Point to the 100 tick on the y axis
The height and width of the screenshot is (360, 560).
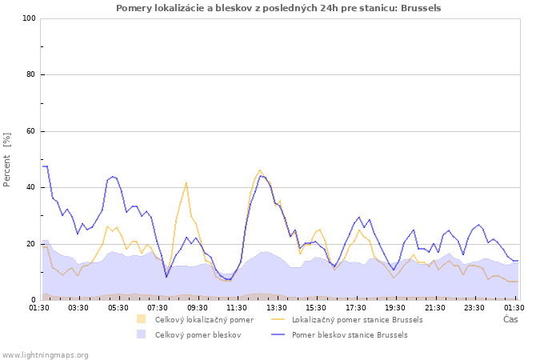[29, 18]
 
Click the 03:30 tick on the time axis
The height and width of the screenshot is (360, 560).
[78, 307]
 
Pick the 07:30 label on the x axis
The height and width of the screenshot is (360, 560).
[158, 307]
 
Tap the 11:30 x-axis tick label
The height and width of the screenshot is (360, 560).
[237, 307]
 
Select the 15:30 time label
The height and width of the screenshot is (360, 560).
[316, 307]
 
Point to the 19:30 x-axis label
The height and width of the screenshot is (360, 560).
[395, 307]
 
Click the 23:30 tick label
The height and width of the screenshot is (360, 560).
[474, 307]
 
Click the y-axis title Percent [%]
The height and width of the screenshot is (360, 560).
[7, 160]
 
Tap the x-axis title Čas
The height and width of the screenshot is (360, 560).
[510, 320]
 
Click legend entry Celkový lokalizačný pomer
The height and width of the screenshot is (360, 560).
[204, 320]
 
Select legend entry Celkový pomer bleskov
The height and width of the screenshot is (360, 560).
[198, 335]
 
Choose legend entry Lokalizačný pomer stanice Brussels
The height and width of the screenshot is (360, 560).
[357, 320]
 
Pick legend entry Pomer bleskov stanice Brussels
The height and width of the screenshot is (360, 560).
[350, 335]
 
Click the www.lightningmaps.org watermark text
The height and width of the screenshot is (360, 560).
[45, 354]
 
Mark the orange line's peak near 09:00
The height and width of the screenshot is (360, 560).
[186, 182]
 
